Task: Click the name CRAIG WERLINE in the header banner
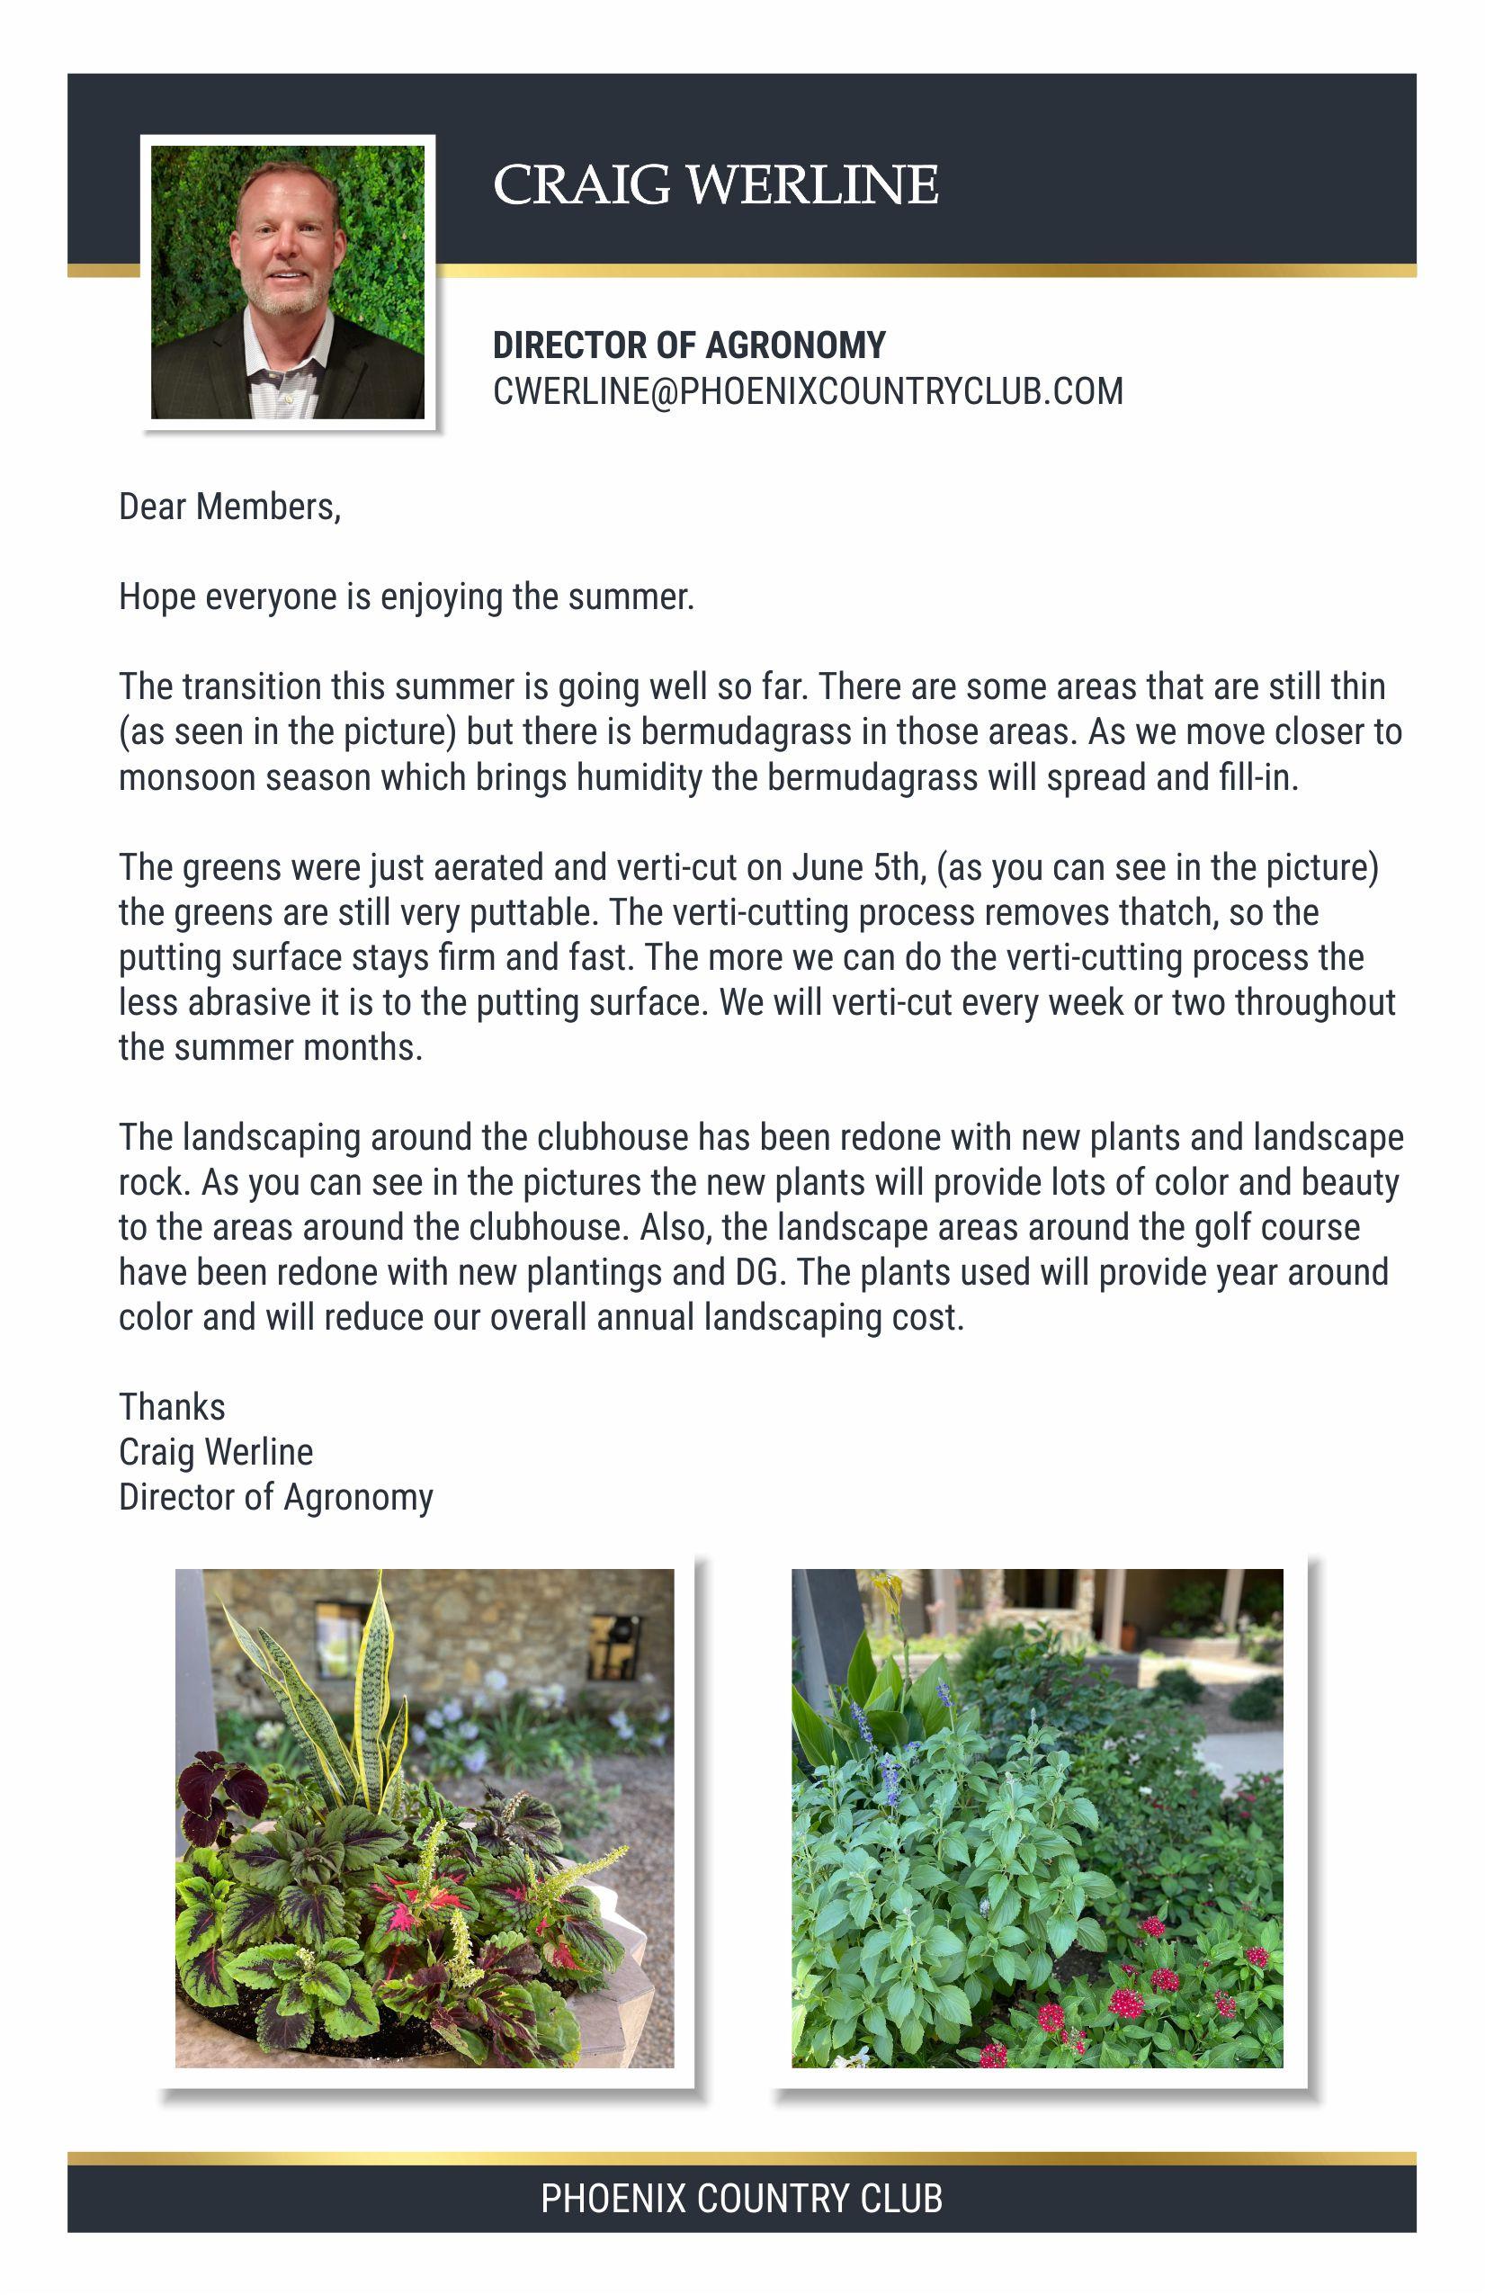(714, 184)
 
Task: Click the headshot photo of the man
(287, 282)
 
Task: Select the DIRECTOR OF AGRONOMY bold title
(688, 345)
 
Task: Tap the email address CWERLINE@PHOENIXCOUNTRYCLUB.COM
(807, 391)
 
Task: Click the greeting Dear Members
(229, 507)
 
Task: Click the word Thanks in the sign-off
(172, 1408)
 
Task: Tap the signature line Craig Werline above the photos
(215, 1452)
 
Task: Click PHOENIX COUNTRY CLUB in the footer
(740, 2199)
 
